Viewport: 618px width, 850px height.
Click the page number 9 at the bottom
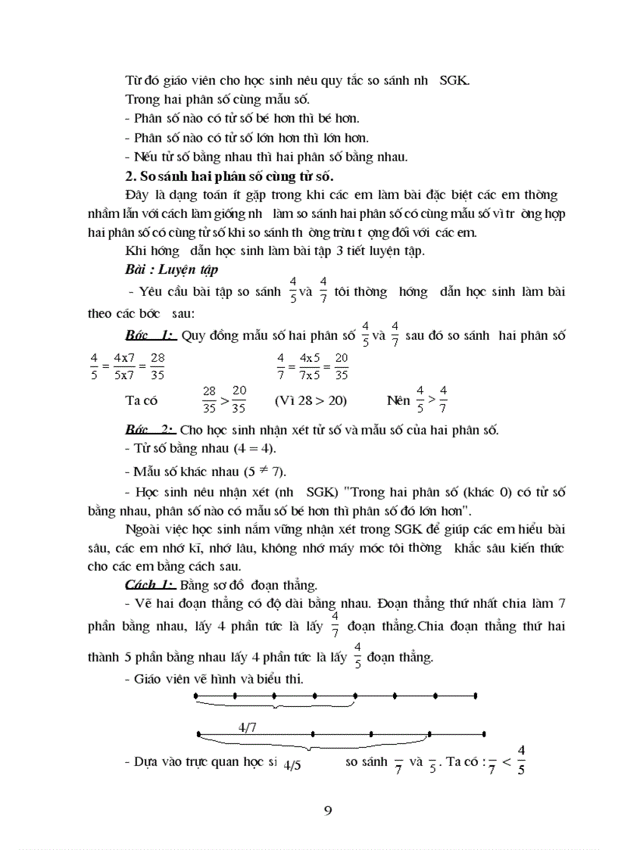click(327, 811)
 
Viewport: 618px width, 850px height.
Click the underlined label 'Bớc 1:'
click(151, 336)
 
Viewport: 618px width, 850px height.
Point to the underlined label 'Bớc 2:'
click(151, 430)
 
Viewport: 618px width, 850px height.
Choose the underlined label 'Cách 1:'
click(150, 584)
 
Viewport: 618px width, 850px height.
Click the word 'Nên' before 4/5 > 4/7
click(398, 400)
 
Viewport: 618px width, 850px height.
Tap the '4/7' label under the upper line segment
click(247, 727)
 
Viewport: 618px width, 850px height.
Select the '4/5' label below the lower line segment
click(292, 765)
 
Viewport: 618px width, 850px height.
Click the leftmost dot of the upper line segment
click(196, 695)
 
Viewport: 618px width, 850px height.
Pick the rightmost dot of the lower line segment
click(485, 733)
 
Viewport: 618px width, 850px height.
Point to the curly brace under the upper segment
click(275, 706)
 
